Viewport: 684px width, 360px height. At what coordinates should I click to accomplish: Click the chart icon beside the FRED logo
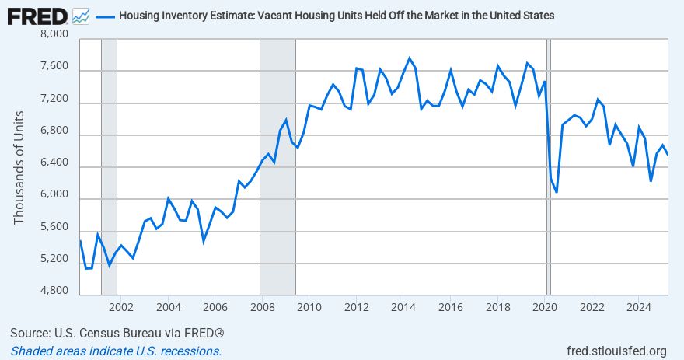[x=81, y=15]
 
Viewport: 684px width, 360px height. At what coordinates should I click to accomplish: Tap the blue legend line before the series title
[x=106, y=16]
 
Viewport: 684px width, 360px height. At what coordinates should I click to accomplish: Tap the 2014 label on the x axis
[x=403, y=306]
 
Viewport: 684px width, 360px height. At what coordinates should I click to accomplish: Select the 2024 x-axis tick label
[x=638, y=306]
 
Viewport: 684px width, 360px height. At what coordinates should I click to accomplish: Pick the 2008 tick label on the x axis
[x=262, y=306]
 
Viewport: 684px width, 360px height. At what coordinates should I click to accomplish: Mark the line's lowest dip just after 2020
[x=556, y=191]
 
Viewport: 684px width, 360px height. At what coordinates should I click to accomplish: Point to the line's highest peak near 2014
[x=410, y=58]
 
